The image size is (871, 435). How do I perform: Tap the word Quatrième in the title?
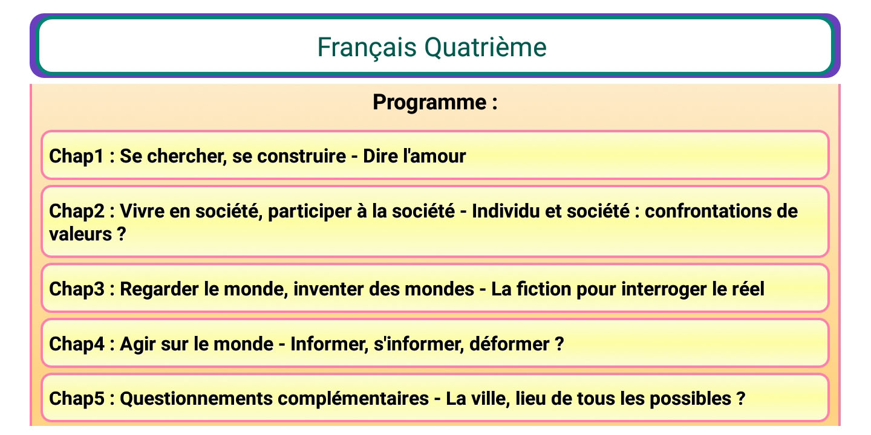click(485, 47)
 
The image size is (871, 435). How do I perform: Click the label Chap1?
click(76, 156)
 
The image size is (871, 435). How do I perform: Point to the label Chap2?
click(77, 211)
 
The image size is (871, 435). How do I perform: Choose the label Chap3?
click(77, 289)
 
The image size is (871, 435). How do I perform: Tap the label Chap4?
click(77, 344)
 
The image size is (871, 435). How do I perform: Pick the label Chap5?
click(77, 399)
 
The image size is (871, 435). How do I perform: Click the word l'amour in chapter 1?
click(434, 156)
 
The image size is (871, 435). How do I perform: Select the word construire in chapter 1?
click(301, 156)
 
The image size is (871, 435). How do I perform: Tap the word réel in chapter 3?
click(749, 289)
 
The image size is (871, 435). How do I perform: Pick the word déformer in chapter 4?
click(509, 344)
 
